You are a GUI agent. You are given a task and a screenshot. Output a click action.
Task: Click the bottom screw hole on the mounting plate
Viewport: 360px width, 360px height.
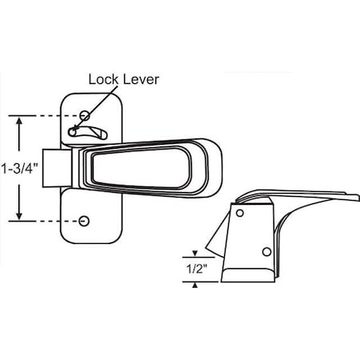86,220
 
